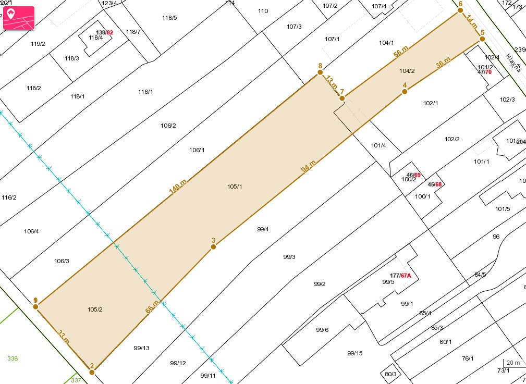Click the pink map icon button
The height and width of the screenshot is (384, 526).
19,18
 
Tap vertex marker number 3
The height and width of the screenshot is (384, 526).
213,246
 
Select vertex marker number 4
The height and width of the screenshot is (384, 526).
405,92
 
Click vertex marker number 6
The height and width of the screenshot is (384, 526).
460,10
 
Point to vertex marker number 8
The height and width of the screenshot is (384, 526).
320,73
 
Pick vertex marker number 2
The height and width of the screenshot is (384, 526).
92,372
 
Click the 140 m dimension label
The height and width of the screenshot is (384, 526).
178,187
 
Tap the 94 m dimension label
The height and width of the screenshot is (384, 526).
309,167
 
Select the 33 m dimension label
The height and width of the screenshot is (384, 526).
64,337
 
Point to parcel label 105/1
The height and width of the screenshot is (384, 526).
235,187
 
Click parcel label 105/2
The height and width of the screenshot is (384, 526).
95,309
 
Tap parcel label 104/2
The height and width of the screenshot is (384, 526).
407,71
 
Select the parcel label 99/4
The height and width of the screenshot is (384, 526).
263,229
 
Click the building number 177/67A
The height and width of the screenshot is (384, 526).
400,275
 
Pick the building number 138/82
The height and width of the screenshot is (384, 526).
105,32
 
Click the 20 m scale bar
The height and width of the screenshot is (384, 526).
512,364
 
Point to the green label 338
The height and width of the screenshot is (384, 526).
13,358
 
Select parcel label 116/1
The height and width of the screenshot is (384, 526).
145,92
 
